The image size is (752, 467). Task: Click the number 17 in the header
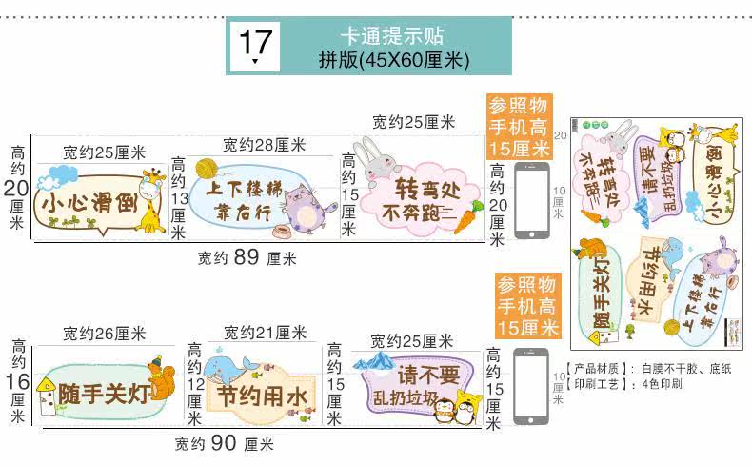pyautogui.click(x=255, y=42)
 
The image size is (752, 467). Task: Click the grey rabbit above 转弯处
pyautogui.click(x=366, y=158)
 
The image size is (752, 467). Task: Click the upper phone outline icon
pyautogui.click(x=531, y=201)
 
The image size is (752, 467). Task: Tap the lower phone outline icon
pyautogui.click(x=531, y=386)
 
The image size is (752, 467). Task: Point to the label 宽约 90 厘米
pyautogui.click(x=224, y=443)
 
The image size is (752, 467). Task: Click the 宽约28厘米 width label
pyautogui.click(x=264, y=145)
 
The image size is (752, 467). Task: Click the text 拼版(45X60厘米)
pyautogui.click(x=393, y=60)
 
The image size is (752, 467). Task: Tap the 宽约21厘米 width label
pyautogui.click(x=265, y=333)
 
